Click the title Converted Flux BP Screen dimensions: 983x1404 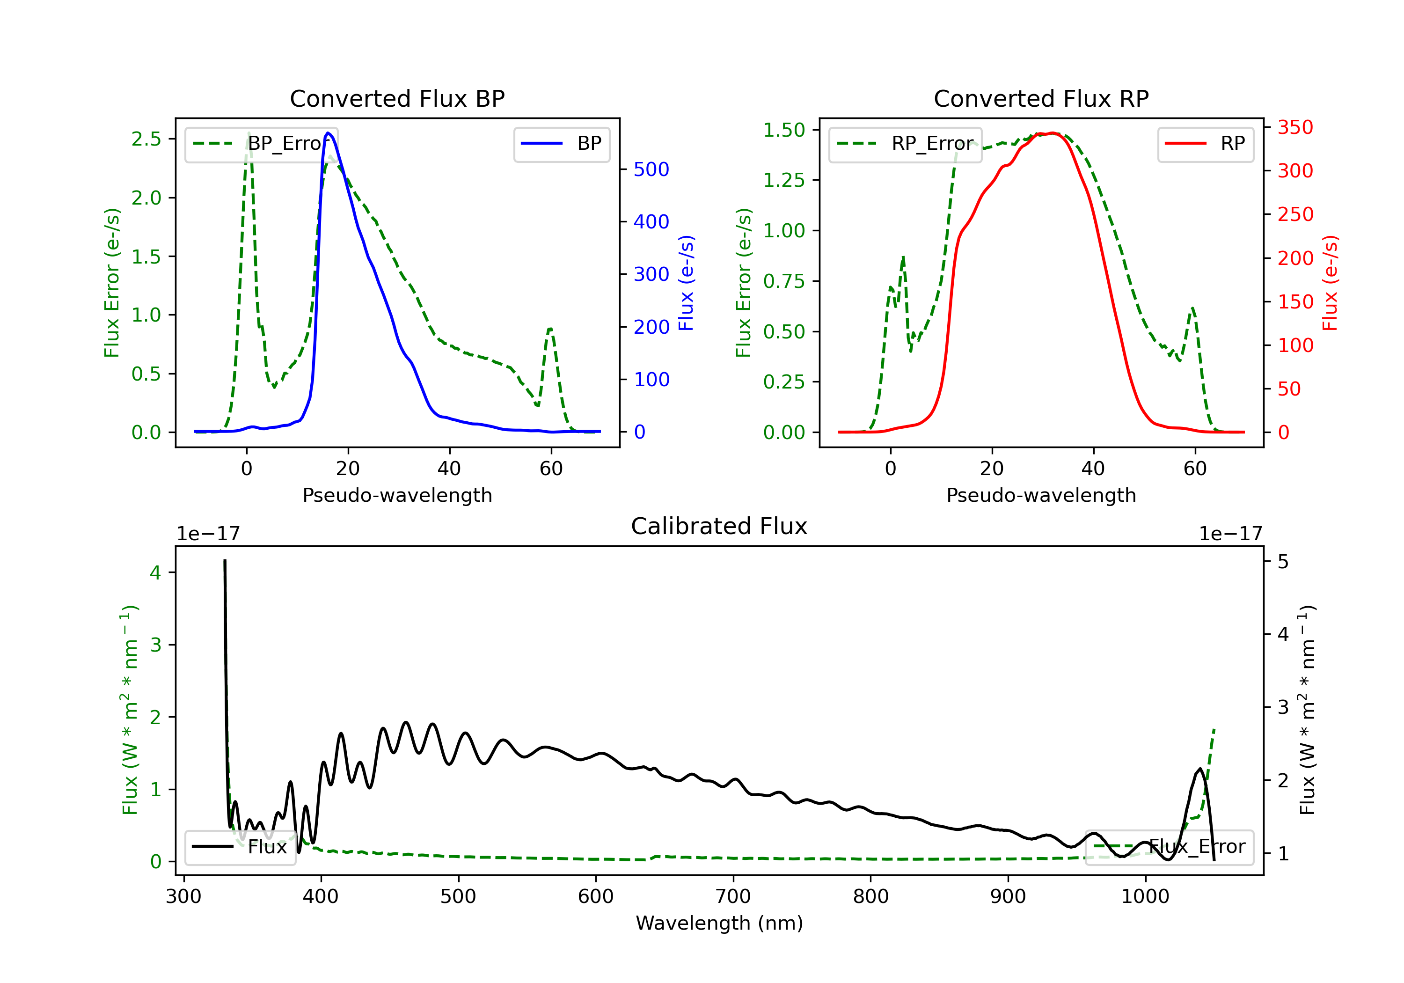tap(397, 98)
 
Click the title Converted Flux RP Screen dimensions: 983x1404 tap(1041, 98)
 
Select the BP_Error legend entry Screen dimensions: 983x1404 tap(262, 144)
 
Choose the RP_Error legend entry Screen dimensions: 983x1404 tap(906, 144)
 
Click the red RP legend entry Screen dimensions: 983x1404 tap(1205, 144)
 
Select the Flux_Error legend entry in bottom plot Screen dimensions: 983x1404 tap(1169, 847)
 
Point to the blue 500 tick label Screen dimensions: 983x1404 tap(651, 169)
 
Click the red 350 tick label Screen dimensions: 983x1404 tap(1295, 127)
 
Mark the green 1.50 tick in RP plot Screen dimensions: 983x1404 tap(784, 130)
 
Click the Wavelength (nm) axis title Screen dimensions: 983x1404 tap(719, 923)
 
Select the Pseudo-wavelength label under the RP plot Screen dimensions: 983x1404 tap(1041, 495)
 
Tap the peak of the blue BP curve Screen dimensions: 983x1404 tap(328, 133)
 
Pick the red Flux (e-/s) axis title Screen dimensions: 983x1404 tap(1330, 283)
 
